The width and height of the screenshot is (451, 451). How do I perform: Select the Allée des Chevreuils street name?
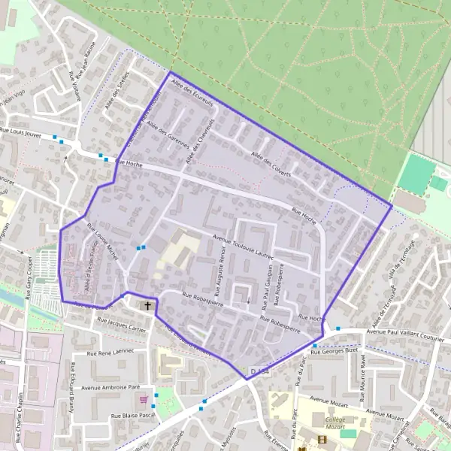[201, 139]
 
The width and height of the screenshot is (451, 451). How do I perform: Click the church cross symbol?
[147, 306]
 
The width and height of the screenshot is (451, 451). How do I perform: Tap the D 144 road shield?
[259, 372]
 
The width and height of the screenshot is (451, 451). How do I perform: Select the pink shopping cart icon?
[144, 399]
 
